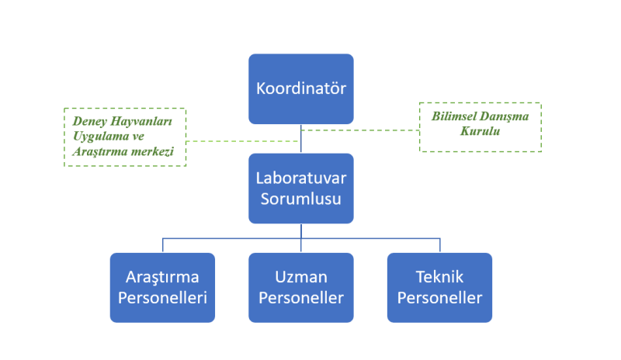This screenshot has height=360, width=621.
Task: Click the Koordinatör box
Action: (301, 89)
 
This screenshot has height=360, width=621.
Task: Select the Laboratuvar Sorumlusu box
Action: (301, 189)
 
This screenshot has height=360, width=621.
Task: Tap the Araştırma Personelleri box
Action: (162, 288)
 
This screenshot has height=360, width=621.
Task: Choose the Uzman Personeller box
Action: (301, 288)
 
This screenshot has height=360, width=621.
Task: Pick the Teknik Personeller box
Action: (439, 288)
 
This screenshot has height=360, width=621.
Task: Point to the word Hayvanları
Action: (141, 122)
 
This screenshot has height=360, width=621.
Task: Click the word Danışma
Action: (503, 117)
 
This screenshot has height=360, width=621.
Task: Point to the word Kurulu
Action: (480, 131)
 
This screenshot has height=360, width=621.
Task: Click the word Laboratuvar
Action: (301, 178)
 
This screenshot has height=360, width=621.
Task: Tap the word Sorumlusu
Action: (301, 199)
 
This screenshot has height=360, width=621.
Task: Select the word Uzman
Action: (301, 277)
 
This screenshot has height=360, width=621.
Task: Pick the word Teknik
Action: (439, 277)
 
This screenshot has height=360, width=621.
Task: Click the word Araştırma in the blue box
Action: (162, 277)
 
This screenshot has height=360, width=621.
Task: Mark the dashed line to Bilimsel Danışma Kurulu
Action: (360, 130)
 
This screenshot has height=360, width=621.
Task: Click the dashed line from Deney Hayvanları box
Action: (242, 141)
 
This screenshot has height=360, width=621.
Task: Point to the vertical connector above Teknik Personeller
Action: (440, 245)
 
